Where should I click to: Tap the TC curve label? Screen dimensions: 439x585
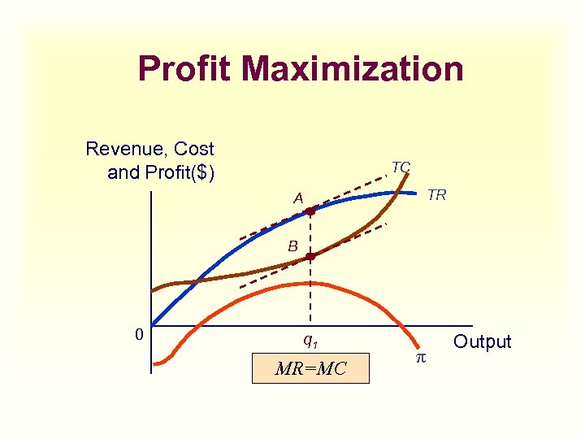(x=401, y=167)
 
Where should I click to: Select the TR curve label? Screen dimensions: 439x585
(x=436, y=195)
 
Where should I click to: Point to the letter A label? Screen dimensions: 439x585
(x=299, y=198)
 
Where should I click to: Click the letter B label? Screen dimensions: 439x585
(x=292, y=246)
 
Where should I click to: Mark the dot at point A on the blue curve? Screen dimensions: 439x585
(x=310, y=211)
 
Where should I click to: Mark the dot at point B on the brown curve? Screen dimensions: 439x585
(x=310, y=256)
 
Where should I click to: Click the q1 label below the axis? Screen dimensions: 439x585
(x=310, y=340)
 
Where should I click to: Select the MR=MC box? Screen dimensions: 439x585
(x=310, y=368)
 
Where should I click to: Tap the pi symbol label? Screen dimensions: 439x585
(x=420, y=358)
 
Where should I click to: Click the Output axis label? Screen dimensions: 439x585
(x=483, y=341)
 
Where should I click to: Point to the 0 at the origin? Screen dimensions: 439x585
(x=139, y=334)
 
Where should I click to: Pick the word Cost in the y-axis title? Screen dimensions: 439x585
(x=194, y=149)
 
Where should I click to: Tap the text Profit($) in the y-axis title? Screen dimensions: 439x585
(x=180, y=172)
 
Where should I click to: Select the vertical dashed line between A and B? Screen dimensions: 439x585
(x=310, y=234)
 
